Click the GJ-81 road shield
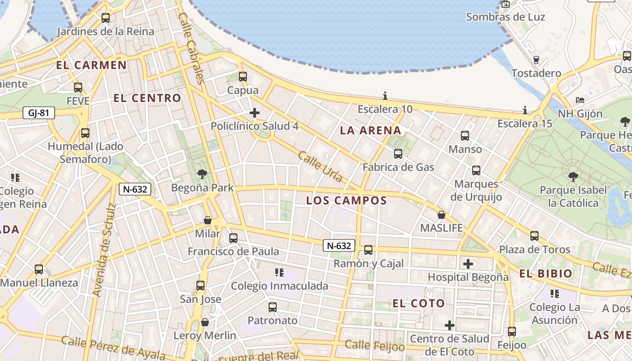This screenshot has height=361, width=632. tap(38, 113)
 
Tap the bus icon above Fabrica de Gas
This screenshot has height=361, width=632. tap(398, 154)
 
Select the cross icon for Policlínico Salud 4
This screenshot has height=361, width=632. tap(255, 113)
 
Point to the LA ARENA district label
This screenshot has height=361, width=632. tap(370, 131)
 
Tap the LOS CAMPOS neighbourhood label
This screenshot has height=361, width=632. tap(346, 201)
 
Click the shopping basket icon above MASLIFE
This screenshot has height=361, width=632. tap(441, 215)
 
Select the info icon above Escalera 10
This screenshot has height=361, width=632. tap(385, 96)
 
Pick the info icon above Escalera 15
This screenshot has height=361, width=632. tap(525, 110)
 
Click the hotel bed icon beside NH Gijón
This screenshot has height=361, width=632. tap(580, 100)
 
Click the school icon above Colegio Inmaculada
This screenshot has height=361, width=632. tap(279, 273)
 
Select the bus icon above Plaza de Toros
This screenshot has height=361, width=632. tap(534, 236)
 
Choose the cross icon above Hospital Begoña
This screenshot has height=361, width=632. tap(468, 264)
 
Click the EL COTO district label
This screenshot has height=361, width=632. tap(418, 303)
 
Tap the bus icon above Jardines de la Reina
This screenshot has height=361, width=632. tap(106, 18)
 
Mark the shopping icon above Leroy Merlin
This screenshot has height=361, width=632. tap(205, 322)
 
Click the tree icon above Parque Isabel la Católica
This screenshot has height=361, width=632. tap(573, 176)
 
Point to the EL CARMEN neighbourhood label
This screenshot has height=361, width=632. tap(91, 65)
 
